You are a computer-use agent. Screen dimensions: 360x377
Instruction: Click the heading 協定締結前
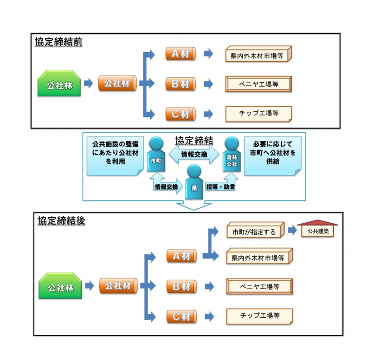[x=58, y=42]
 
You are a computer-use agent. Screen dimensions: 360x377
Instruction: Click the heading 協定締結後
[x=61, y=220]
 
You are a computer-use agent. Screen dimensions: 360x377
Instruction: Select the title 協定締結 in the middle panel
[x=194, y=140]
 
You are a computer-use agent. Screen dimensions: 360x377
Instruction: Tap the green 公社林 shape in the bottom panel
[x=61, y=287]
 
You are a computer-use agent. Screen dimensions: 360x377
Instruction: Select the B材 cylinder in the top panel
[x=181, y=84]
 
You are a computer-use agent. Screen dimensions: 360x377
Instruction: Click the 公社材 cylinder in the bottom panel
[x=118, y=286]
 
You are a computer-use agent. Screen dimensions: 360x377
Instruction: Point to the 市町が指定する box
[x=255, y=231]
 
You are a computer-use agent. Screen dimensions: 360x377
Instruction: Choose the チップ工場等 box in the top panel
[x=259, y=113]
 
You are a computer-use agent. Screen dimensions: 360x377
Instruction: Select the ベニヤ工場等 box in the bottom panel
[x=260, y=287]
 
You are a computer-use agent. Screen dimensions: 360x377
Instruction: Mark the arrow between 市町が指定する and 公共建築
[x=292, y=231]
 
